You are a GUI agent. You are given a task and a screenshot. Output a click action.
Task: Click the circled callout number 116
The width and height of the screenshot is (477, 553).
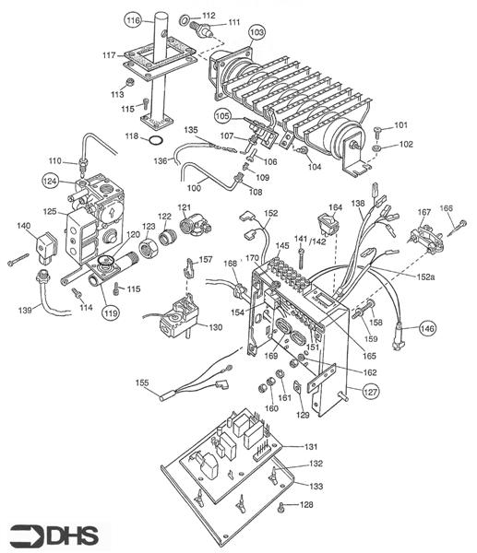click(x=133, y=20)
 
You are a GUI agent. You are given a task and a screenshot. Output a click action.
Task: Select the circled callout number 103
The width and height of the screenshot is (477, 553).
click(x=256, y=32)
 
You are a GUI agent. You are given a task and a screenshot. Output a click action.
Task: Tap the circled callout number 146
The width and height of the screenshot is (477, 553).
click(x=427, y=328)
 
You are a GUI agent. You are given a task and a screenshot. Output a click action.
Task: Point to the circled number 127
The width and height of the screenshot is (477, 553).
click(x=370, y=392)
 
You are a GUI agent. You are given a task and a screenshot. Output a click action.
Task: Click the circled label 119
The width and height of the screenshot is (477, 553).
click(x=112, y=312)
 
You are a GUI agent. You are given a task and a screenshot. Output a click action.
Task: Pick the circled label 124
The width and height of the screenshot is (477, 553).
click(x=50, y=182)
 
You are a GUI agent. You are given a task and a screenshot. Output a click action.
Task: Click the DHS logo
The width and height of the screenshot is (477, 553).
click(x=54, y=535)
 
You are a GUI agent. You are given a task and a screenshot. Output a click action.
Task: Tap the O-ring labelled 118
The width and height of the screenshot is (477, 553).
click(x=156, y=140)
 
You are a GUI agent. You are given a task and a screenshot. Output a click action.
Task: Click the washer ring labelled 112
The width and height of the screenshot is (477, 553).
click(x=184, y=20)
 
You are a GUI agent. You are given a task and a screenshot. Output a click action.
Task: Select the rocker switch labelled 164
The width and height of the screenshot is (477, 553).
click(x=328, y=223)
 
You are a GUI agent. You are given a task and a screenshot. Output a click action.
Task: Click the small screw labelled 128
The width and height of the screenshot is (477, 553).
click(x=281, y=508)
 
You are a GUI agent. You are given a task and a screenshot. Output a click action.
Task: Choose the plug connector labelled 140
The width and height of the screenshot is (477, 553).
click(x=46, y=249)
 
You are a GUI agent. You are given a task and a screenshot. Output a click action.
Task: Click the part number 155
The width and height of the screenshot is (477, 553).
click(x=142, y=382)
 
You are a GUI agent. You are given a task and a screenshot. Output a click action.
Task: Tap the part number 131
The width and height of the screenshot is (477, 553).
click(x=311, y=447)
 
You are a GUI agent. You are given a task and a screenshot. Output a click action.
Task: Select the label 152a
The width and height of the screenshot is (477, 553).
click(x=425, y=277)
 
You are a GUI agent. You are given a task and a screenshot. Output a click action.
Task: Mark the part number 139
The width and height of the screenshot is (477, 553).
click(x=25, y=311)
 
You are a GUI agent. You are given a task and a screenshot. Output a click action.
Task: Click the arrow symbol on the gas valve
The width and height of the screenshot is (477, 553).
click(x=112, y=213)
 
